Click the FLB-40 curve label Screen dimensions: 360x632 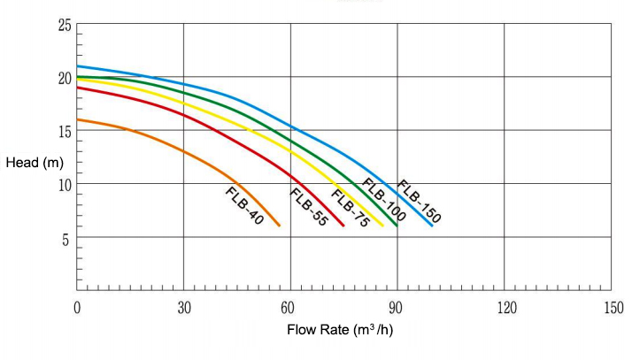[x=244, y=206]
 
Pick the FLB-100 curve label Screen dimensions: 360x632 [x=383, y=200]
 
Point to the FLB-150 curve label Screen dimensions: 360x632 [x=419, y=200]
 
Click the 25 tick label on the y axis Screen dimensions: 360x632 [x=64, y=24]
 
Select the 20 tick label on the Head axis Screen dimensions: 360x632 [x=64, y=78]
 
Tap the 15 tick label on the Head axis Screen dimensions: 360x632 [x=64, y=131]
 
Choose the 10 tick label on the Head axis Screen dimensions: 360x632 [x=64, y=184]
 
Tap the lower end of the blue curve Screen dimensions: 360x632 [x=433, y=226]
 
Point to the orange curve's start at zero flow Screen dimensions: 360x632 [x=78, y=119]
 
